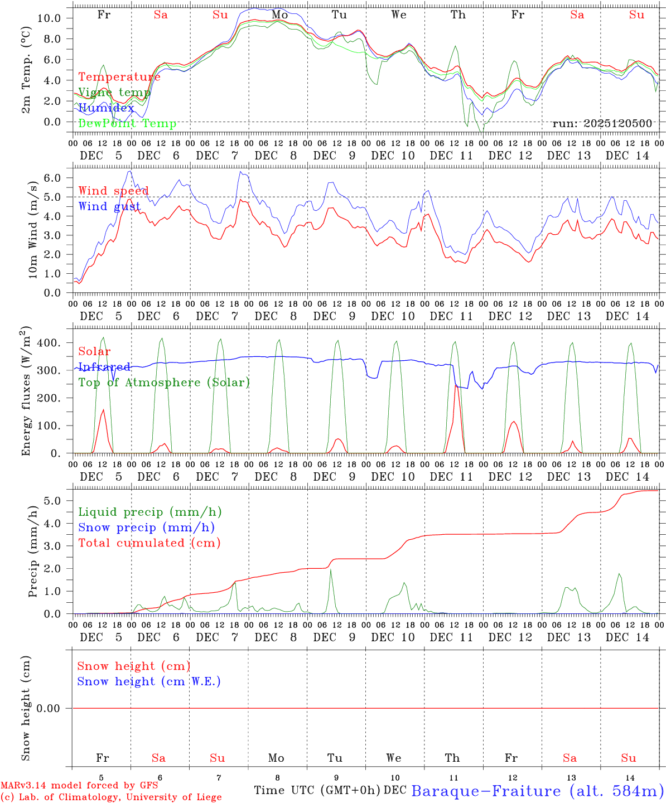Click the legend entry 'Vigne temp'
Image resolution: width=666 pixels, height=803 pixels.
(x=114, y=93)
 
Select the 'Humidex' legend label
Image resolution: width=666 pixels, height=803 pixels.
(x=106, y=108)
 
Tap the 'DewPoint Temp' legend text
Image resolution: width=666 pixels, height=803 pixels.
(x=127, y=124)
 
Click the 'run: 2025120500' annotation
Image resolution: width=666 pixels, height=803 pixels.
(x=602, y=124)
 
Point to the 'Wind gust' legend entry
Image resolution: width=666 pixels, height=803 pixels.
(x=109, y=207)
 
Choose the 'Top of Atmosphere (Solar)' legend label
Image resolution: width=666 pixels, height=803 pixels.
(x=164, y=383)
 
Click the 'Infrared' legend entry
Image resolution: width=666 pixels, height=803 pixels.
(x=104, y=367)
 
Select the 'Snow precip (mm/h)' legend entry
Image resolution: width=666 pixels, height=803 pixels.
(x=146, y=528)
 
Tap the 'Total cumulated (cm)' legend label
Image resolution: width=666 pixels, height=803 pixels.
(x=149, y=543)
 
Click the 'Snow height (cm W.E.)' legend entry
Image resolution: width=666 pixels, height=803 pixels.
(x=149, y=681)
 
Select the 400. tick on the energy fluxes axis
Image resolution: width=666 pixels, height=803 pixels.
(x=47, y=343)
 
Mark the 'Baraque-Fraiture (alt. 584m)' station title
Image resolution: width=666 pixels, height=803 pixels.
(x=538, y=791)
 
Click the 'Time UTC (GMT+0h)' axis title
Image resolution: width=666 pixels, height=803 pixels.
(x=317, y=790)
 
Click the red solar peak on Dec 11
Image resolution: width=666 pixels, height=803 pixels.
(x=456, y=386)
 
